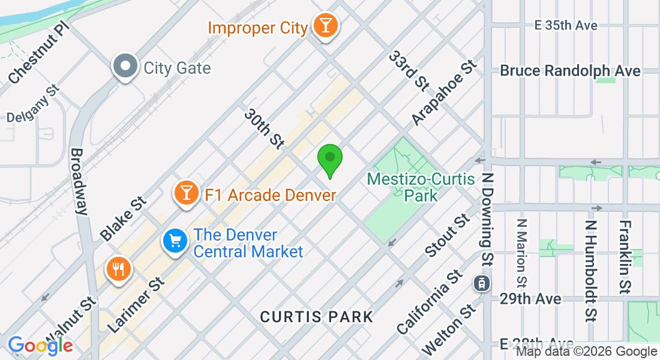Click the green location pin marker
(329, 159)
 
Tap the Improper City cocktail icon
(326, 26)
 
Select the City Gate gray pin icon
(125, 67)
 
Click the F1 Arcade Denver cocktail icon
(187, 193)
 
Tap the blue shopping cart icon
(175, 241)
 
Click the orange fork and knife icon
(118, 269)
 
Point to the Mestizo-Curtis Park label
(421, 187)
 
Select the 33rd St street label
(407, 71)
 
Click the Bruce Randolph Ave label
(570, 71)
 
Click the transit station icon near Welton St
(481, 283)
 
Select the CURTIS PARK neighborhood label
(316, 317)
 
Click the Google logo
(41, 346)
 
